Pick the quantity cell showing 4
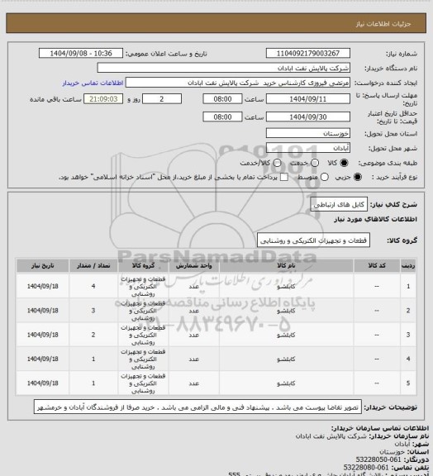(93, 286)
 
